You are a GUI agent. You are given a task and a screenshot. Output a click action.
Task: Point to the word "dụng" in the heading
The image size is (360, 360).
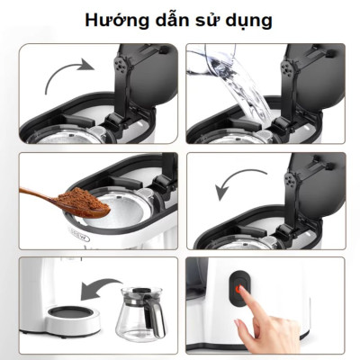(251, 20)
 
